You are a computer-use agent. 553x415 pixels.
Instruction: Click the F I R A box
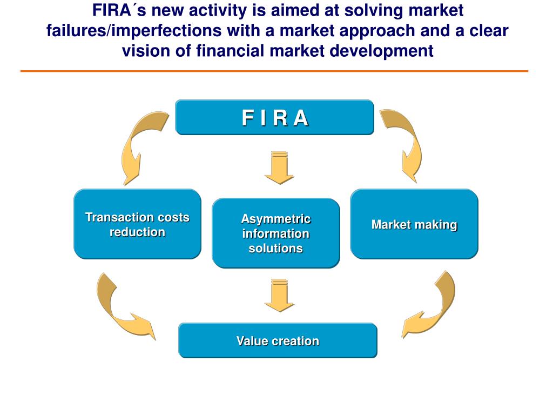click(x=274, y=117)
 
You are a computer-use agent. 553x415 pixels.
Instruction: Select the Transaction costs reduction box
click(x=137, y=224)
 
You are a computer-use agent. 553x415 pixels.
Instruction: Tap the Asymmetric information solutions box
click(x=275, y=233)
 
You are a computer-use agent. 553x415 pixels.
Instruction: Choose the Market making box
click(x=414, y=224)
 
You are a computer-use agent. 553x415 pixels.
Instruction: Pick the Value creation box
click(x=278, y=340)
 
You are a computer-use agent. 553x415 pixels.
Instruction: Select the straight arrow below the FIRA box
click(x=279, y=168)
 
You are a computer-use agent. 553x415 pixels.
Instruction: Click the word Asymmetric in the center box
click(x=275, y=219)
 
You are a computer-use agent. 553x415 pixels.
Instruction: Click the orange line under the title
click(x=274, y=71)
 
